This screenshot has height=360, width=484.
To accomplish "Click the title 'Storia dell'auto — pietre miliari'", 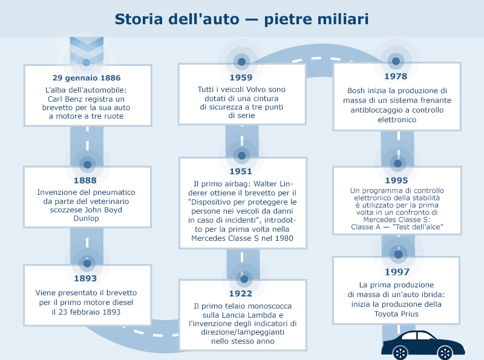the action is coord(241,19).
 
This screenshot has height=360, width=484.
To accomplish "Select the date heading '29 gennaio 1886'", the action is coord(87,78).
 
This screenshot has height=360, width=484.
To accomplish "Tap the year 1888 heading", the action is coord(85,180).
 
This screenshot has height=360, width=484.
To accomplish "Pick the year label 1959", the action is coord(241,77).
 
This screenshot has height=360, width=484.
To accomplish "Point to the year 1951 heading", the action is coord(241,171).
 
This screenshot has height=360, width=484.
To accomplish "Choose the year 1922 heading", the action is coord(241,293).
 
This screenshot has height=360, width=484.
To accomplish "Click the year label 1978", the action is coord(396,76).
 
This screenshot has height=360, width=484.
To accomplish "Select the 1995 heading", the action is coord(397,180).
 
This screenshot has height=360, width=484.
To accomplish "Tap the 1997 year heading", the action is coord(397,272).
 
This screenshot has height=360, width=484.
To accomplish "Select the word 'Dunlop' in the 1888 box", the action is coord(86,218).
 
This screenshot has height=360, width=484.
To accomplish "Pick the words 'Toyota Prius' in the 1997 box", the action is coord(396,314).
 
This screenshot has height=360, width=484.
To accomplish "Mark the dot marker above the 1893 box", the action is coord(87,263).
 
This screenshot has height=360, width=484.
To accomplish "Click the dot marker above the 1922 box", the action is coord(244,279).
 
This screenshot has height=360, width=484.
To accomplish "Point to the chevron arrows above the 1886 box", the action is coord(87,50).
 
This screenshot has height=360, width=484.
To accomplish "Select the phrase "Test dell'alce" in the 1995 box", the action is coord(417,227).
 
